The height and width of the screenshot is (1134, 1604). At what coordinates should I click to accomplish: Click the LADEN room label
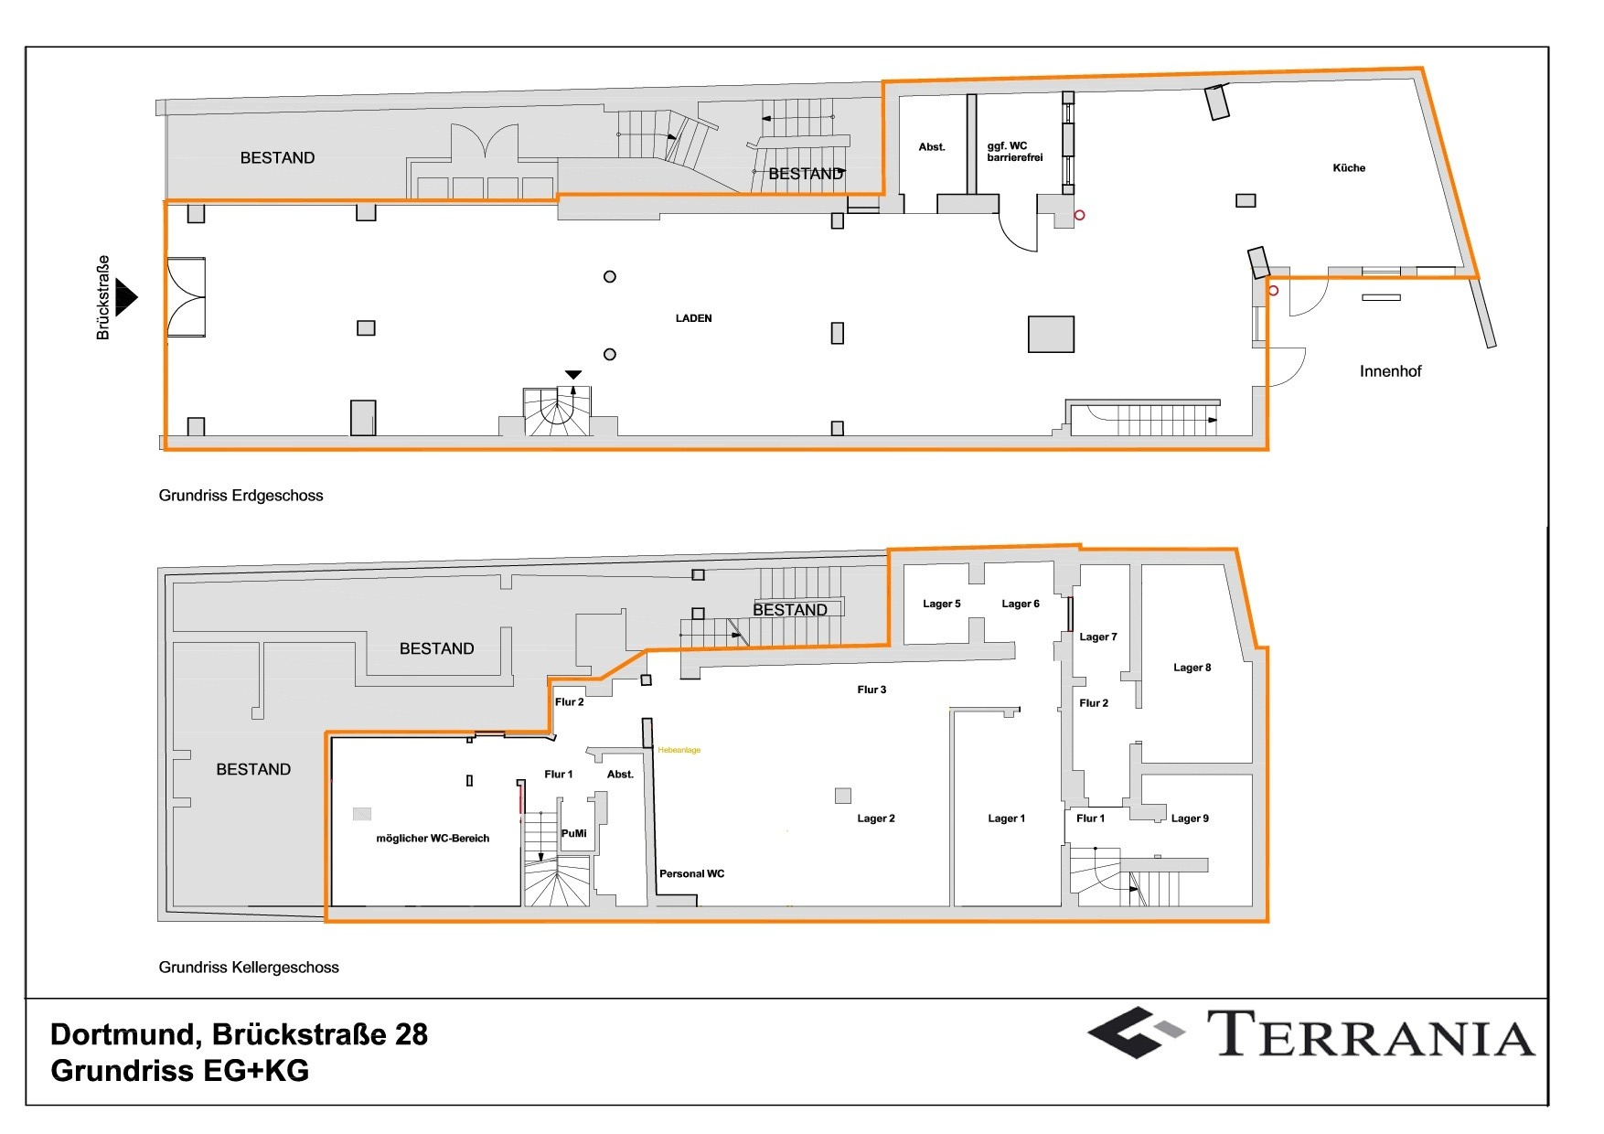pyautogui.click(x=693, y=318)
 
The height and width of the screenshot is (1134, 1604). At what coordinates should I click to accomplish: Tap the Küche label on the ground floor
pyautogui.click(x=1348, y=168)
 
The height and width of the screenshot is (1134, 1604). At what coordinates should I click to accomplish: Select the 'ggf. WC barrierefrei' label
pyautogui.click(x=1014, y=152)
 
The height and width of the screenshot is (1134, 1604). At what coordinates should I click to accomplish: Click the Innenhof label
pyautogui.click(x=1389, y=371)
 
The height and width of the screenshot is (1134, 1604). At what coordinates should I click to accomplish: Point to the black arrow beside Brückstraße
pyautogui.click(x=126, y=297)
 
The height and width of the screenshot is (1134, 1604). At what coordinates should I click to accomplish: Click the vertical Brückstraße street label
pyautogui.click(x=103, y=297)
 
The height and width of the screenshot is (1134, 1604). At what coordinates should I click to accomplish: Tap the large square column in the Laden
pyautogui.click(x=1051, y=334)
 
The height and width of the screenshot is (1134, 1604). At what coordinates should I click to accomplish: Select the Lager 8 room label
pyautogui.click(x=1192, y=668)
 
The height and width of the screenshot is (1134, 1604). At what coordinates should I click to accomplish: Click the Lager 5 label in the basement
pyautogui.click(x=941, y=604)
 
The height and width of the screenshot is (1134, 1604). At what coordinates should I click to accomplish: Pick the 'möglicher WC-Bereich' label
pyautogui.click(x=433, y=839)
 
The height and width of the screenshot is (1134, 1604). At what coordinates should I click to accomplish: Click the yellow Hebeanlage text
pyautogui.click(x=679, y=750)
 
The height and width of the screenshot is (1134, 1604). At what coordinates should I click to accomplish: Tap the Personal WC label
pyautogui.click(x=691, y=873)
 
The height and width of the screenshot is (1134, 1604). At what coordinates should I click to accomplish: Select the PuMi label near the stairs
pyautogui.click(x=573, y=833)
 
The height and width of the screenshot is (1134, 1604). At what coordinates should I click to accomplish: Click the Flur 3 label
pyautogui.click(x=871, y=690)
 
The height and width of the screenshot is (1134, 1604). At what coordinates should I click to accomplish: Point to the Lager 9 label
pyautogui.click(x=1190, y=818)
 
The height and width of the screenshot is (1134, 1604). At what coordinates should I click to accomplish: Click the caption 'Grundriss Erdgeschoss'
pyautogui.click(x=241, y=496)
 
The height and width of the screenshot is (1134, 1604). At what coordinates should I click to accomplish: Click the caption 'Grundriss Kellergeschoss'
pyautogui.click(x=249, y=968)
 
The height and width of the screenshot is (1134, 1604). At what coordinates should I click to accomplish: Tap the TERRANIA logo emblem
pyautogui.click(x=1135, y=1032)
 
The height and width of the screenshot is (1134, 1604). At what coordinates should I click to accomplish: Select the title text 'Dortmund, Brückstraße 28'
pyautogui.click(x=239, y=1034)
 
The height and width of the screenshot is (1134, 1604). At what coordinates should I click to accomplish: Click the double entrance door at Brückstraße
pyautogui.click(x=186, y=297)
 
